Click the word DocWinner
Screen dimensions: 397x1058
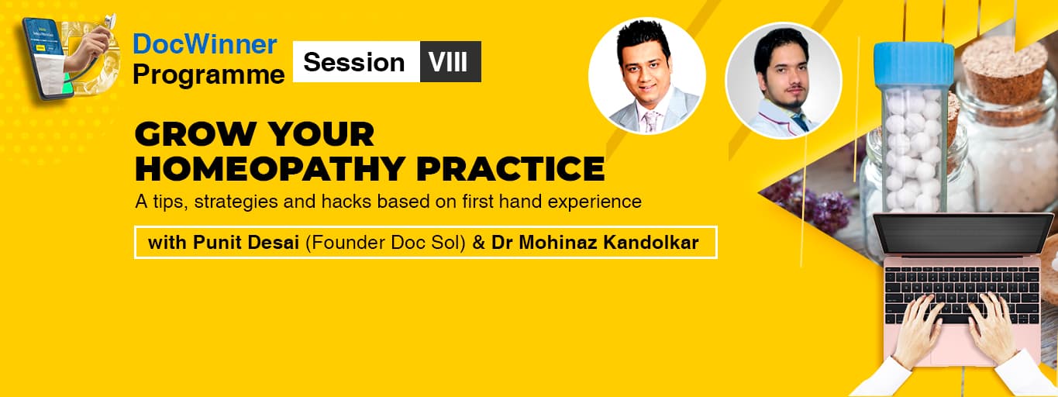coord(205,44)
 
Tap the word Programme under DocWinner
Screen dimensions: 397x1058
coord(208,74)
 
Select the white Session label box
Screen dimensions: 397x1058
coord(355,62)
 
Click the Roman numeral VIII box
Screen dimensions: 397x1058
coord(450,62)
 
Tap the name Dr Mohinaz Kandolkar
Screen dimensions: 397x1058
coord(595,243)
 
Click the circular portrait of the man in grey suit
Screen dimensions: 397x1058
coord(647,75)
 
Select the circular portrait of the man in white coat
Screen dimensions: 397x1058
coord(783,81)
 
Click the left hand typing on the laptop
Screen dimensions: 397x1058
coord(919,329)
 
